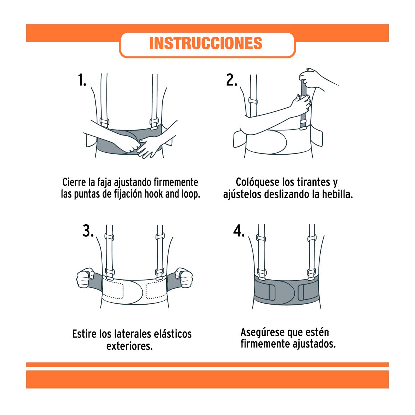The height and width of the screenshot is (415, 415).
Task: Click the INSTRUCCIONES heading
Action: pos(206,43)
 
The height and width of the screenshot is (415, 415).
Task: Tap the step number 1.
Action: pos(82,80)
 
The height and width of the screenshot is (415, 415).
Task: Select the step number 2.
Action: pos(232,80)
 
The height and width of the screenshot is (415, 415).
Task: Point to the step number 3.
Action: pos(88,231)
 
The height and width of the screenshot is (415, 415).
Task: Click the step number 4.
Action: pos(239,231)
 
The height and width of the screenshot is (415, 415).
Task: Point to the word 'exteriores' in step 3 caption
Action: pos(129,346)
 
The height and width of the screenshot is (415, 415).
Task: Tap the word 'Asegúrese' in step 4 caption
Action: pos(262,332)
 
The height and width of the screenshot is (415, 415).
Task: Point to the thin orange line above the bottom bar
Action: pos(207,365)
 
